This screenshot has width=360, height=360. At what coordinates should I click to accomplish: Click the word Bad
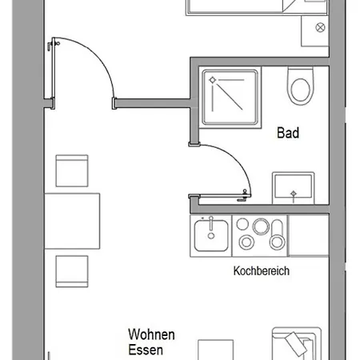(288, 133)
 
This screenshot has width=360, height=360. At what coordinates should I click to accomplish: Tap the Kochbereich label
(262, 271)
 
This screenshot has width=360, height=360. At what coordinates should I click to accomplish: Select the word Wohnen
(151, 334)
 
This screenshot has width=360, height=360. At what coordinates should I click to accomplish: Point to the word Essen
(146, 350)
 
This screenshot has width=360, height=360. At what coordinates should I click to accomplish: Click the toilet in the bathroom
(301, 86)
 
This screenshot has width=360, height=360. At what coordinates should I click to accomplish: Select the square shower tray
(230, 98)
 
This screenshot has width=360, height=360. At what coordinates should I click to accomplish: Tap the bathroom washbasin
(294, 188)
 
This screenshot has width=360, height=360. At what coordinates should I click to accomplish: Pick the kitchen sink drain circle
(211, 236)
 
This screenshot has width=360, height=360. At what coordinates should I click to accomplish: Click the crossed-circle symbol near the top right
(320, 27)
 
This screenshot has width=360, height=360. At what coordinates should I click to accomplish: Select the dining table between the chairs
(72, 221)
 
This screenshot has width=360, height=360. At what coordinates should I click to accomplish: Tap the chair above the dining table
(72, 170)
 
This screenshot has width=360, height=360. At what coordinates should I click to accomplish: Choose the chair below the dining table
(72, 271)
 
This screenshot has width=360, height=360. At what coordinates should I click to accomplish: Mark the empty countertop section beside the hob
(309, 236)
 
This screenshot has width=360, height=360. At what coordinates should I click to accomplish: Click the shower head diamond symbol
(212, 80)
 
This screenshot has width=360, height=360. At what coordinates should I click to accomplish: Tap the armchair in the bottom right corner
(297, 343)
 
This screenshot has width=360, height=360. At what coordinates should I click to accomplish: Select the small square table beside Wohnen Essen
(216, 350)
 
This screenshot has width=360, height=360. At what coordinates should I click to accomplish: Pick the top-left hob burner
(242, 224)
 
